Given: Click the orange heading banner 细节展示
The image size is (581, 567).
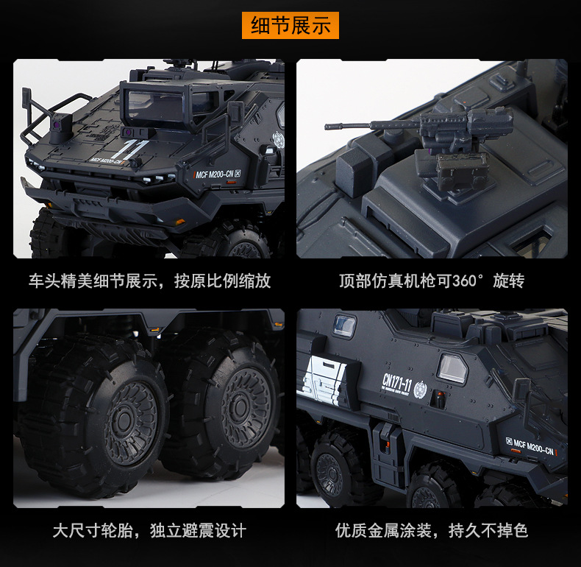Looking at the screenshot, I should [x=290, y=27].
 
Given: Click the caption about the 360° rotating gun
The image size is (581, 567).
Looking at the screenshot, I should [x=432, y=281].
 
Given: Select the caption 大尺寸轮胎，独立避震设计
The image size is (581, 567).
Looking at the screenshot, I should [x=149, y=530].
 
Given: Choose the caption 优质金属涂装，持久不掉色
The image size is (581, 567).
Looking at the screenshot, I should [x=432, y=530].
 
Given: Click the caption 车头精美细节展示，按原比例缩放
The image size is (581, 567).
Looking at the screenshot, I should [x=149, y=281].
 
